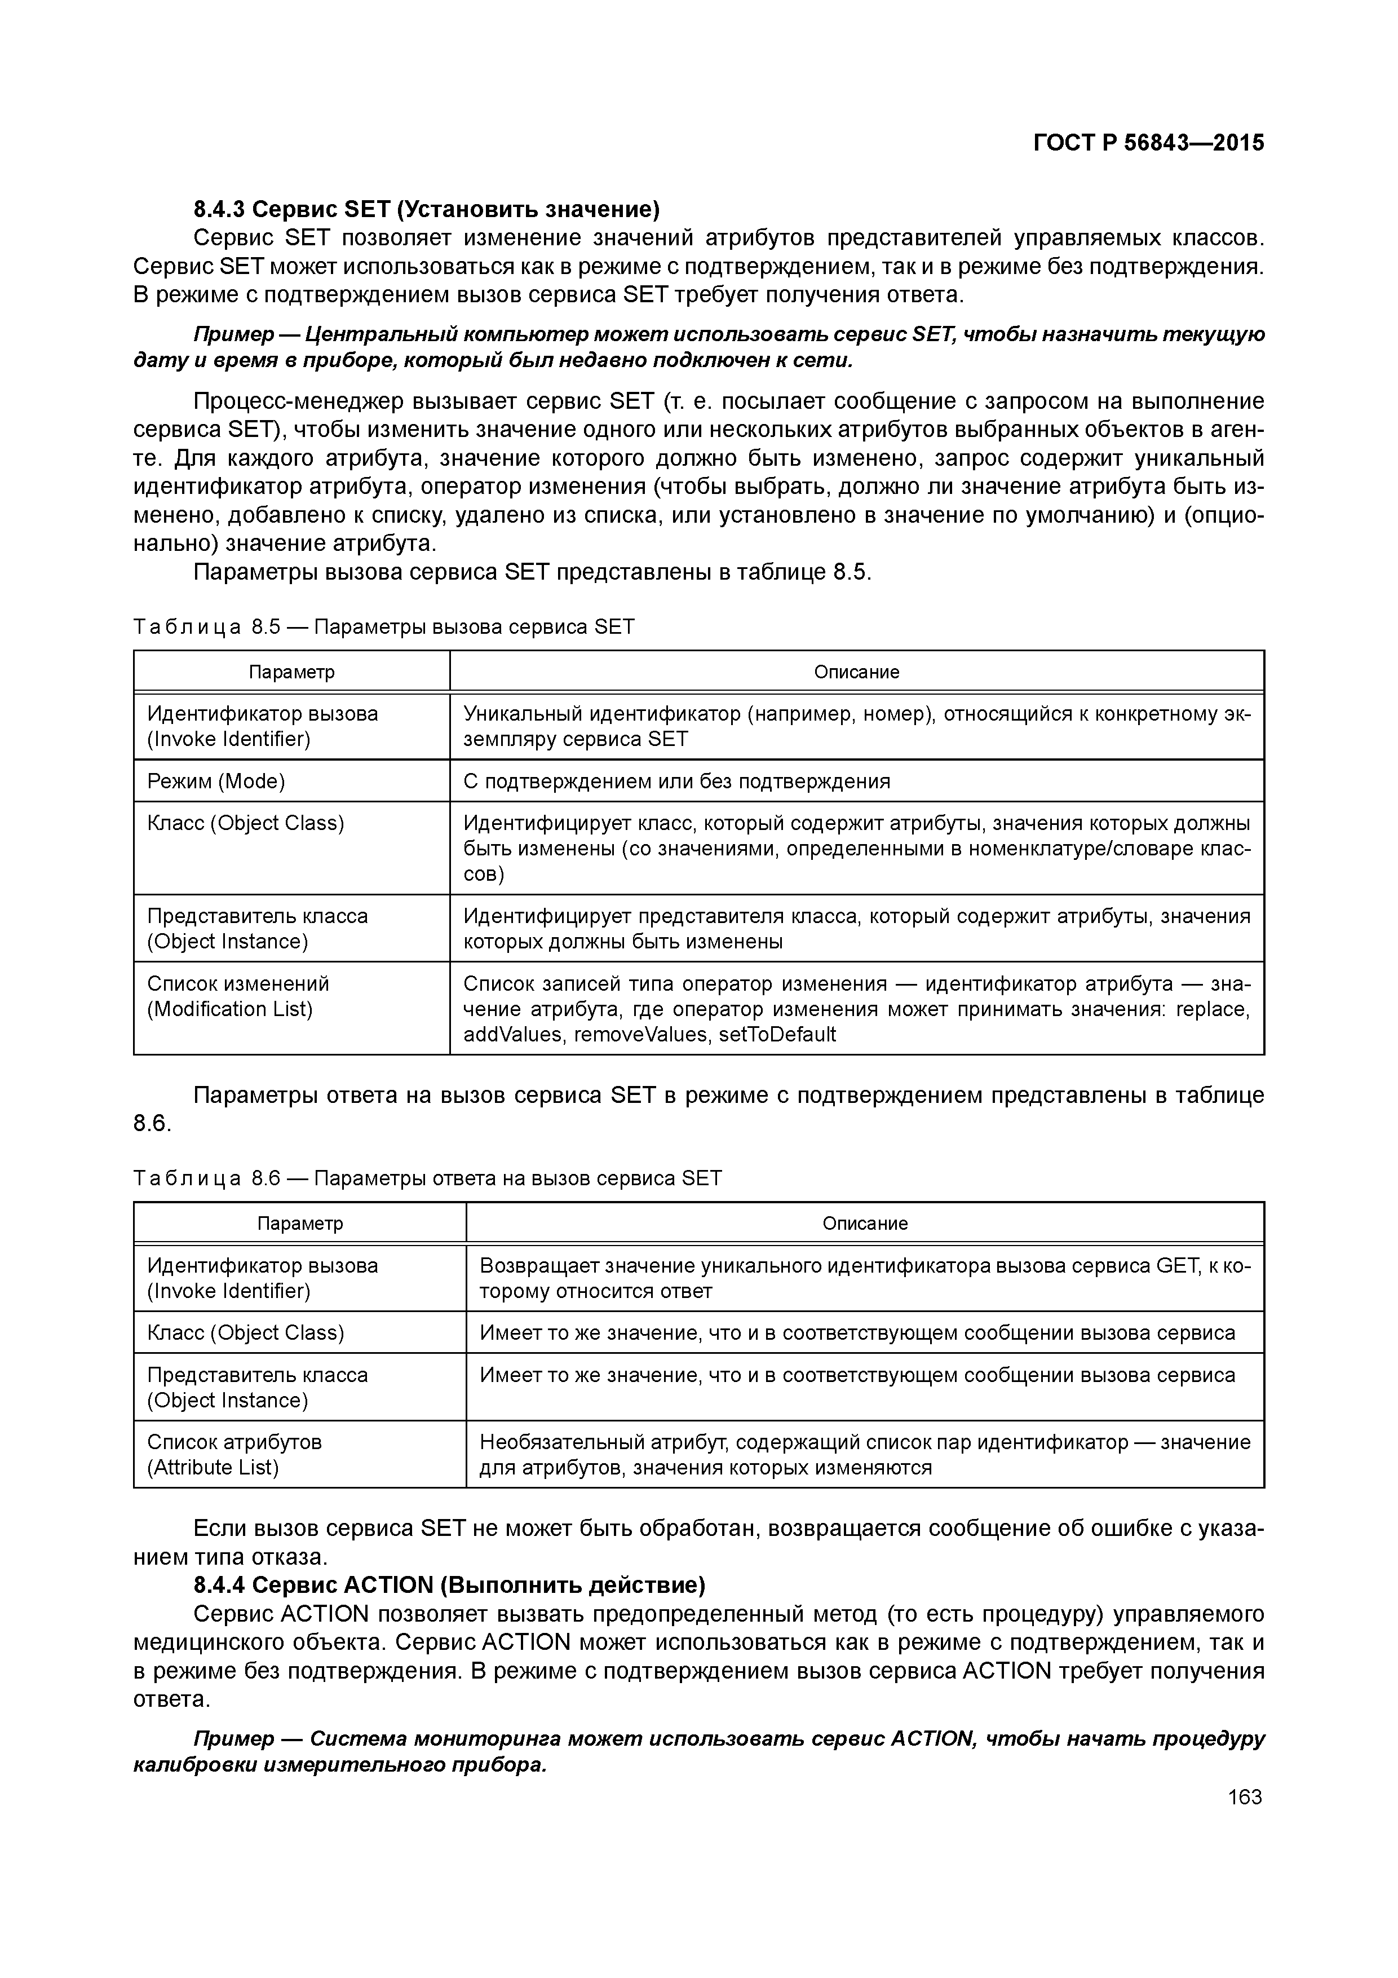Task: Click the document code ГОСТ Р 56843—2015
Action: [1148, 143]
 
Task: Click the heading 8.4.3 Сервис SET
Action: [426, 209]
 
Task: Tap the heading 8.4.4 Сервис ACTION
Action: [449, 1585]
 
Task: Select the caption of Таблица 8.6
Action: [427, 1178]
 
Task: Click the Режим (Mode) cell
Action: [216, 782]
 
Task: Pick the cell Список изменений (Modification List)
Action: [238, 997]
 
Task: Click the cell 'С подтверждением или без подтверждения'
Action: [676, 782]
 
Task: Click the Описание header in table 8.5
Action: [856, 672]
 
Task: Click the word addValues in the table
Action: [502, 1035]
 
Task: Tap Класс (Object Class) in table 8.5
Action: [245, 824]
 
